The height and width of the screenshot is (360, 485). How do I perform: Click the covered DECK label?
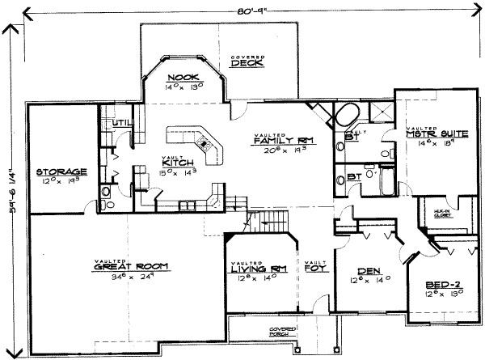[242, 65]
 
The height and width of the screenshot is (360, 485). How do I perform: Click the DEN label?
[353, 272]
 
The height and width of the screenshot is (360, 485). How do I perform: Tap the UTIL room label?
[121, 123]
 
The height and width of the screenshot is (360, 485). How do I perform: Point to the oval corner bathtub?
[348, 112]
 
